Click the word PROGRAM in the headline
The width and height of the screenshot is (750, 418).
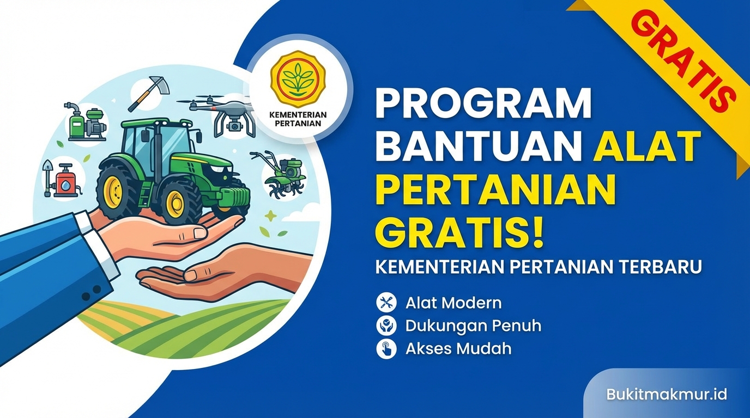pos(482,104)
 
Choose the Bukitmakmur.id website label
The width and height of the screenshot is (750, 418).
pos(666,394)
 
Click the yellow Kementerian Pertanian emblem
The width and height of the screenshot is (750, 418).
pos(298,79)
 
